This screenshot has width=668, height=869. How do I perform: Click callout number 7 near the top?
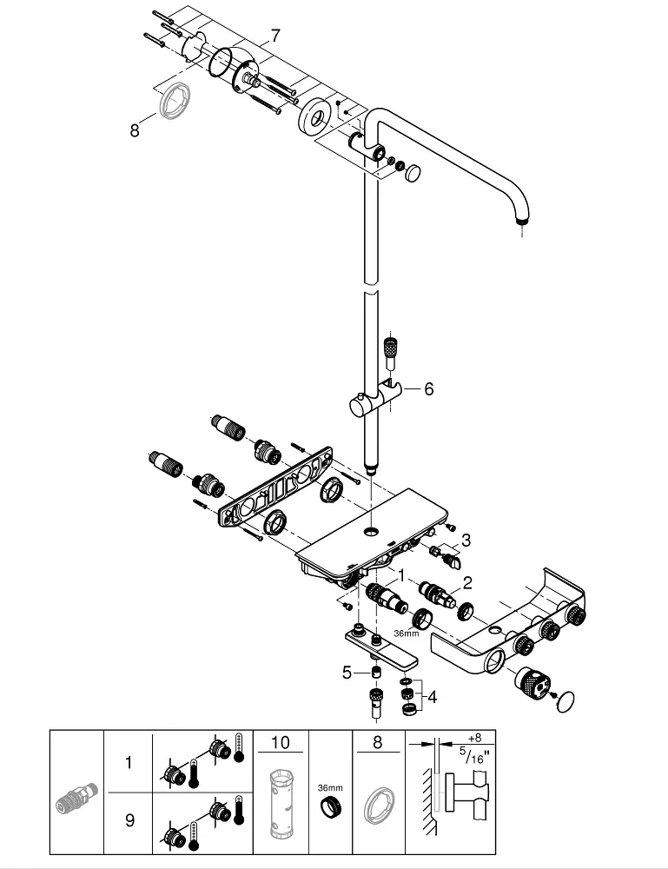click(275, 36)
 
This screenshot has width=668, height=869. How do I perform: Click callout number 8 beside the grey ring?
click(135, 131)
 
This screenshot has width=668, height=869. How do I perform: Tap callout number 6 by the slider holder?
click(429, 389)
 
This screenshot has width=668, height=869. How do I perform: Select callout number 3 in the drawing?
click(466, 540)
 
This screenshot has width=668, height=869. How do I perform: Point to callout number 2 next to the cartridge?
click(468, 583)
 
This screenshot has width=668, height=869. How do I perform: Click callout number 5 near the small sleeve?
click(347, 673)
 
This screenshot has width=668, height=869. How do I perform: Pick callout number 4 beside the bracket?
click(432, 697)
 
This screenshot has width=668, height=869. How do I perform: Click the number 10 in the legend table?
click(281, 742)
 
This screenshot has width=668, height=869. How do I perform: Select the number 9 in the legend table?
click(129, 819)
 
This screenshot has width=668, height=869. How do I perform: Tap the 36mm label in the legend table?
click(330, 788)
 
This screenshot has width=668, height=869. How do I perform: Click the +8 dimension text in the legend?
click(474, 738)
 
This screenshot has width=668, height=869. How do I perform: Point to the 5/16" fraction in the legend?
click(473, 756)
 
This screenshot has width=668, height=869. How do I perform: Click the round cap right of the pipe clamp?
click(413, 172)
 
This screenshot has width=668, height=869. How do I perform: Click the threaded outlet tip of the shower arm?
click(520, 221)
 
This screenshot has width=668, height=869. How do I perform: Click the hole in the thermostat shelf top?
click(371, 532)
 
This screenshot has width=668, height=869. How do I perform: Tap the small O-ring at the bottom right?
click(566, 700)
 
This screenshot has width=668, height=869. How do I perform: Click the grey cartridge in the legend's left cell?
click(77, 796)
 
